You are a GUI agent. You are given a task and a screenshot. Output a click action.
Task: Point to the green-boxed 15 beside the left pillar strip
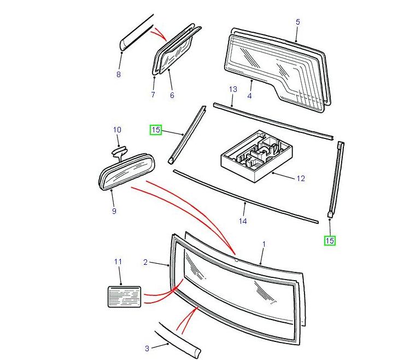[x=156, y=130]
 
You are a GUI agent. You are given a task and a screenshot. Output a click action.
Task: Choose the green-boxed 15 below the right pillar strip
[x=330, y=240]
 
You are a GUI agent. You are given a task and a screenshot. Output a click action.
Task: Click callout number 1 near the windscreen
[x=264, y=243]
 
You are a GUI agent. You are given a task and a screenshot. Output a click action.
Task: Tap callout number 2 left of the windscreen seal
[x=145, y=263]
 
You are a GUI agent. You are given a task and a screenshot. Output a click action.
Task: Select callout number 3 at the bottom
[x=147, y=348]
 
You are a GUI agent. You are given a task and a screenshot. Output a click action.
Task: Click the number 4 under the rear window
[x=249, y=96]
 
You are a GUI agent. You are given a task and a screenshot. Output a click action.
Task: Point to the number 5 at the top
[x=297, y=22]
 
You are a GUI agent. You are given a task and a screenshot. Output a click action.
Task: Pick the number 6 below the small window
[x=172, y=95]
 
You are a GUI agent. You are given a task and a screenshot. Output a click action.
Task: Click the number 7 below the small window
[x=153, y=95]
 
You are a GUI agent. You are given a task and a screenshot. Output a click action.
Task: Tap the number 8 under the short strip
[x=118, y=74]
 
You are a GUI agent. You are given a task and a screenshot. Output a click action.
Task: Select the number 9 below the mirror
[x=114, y=211]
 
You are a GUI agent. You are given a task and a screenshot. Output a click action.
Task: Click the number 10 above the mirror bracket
[x=117, y=130]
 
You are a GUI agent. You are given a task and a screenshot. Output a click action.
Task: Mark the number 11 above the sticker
[x=118, y=262]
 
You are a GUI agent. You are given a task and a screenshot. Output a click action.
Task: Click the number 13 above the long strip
[x=233, y=89]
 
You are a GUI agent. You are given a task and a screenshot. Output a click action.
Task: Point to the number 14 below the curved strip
[x=243, y=221]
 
